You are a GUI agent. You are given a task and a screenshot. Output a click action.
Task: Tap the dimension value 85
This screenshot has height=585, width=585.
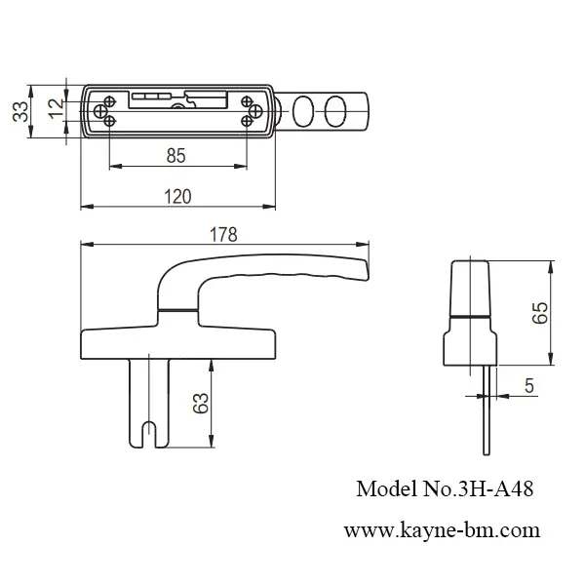176,155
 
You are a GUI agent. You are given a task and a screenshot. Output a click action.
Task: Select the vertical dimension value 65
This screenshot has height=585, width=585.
539,313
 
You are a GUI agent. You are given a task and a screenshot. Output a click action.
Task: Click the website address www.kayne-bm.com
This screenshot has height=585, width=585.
441,531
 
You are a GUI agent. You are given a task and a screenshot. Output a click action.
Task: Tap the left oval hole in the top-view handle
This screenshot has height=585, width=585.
303,110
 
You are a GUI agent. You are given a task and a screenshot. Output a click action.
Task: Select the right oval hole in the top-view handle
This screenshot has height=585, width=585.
335,110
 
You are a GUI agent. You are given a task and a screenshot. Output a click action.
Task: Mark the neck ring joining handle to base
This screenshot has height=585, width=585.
178,310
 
